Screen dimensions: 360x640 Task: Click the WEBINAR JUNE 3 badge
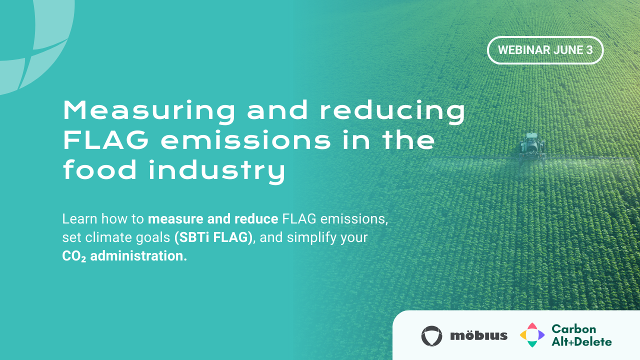point(545,50)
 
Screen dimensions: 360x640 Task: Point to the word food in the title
point(100,170)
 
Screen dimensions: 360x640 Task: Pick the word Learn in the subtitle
point(79,218)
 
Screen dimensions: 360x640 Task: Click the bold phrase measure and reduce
point(213,218)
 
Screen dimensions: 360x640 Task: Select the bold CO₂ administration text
point(124,256)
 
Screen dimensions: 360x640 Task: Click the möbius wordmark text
point(478,335)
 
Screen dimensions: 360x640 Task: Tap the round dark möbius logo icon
point(431,335)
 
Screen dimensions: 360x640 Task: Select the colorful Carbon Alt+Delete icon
point(532,335)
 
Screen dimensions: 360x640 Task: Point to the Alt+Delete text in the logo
point(581,342)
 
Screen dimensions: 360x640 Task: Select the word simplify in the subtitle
point(311,237)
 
